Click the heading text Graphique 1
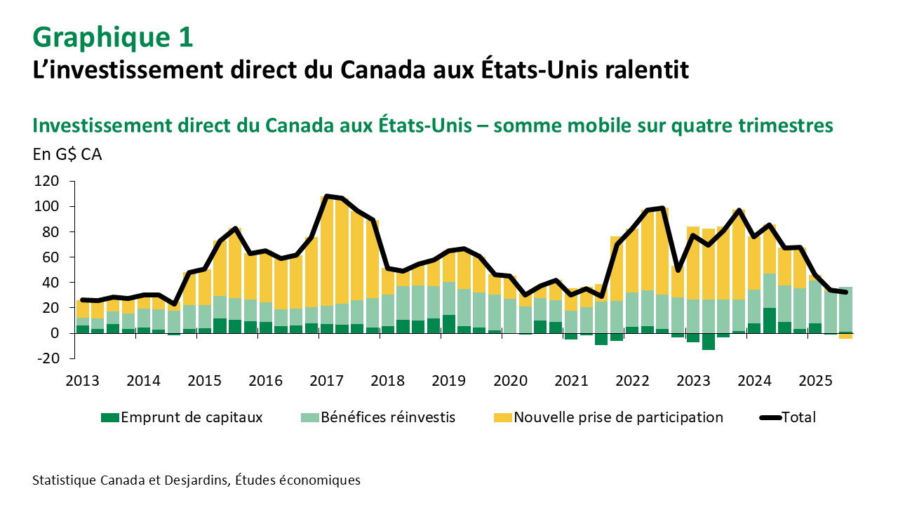pyautogui.click(x=112, y=38)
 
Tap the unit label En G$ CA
pyautogui.click(x=67, y=154)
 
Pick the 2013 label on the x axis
pyautogui.click(x=82, y=381)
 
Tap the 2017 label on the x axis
pyautogui.click(x=326, y=381)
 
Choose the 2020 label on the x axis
pyautogui.click(x=510, y=381)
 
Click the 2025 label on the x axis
pyautogui.click(x=815, y=381)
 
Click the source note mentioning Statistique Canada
pyautogui.click(x=196, y=480)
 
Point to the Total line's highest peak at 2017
pyautogui.click(x=326, y=196)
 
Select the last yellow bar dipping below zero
pyautogui.click(x=845, y=336)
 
